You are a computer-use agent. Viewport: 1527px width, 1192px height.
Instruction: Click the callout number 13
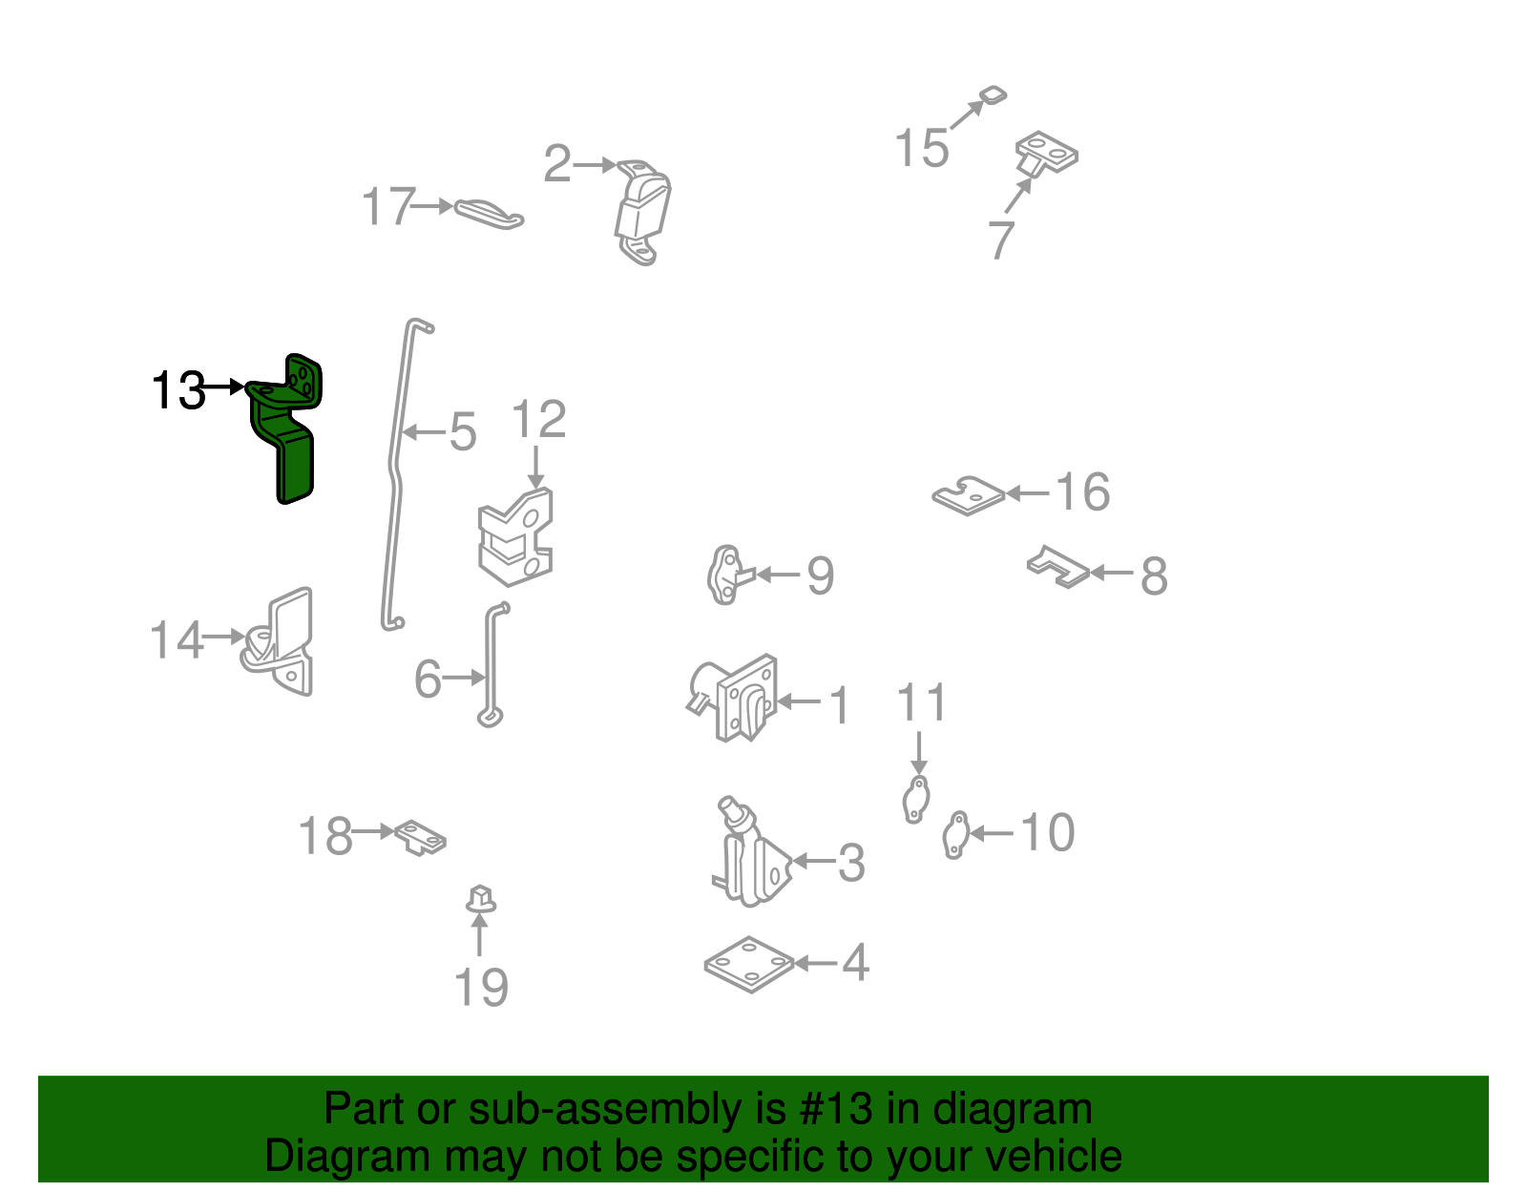[178, 390]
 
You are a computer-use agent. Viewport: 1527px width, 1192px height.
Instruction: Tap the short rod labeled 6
[493, 668]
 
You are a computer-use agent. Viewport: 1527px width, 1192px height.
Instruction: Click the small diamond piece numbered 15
[994, 95]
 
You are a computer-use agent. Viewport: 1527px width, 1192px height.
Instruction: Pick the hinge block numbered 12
[516, 539]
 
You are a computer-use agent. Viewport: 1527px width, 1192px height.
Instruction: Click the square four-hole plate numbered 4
[750, 964]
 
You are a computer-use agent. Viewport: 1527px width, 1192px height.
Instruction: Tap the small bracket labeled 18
[421, 837]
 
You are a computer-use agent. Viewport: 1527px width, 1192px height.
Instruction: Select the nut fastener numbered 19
[480, 899]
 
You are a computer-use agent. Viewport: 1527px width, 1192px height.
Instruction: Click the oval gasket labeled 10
[954, 835]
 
